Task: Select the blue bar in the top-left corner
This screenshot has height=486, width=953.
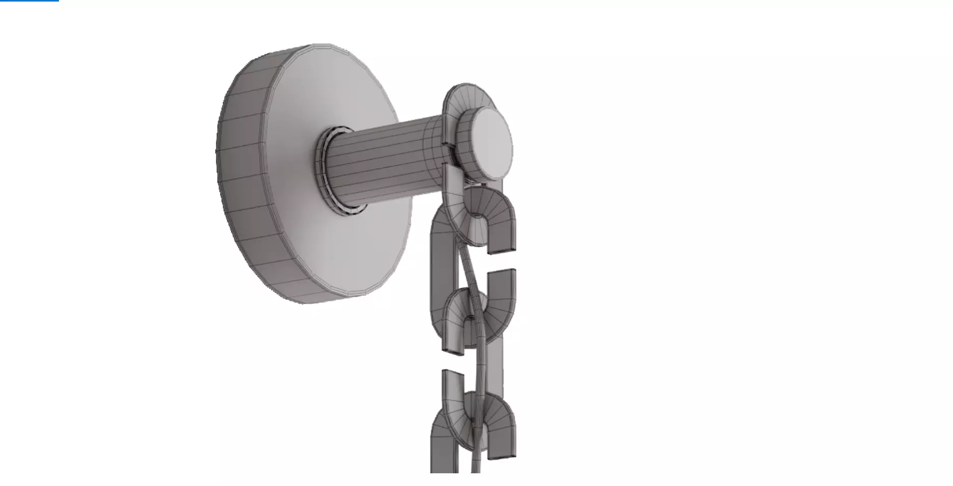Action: point(29,1)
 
